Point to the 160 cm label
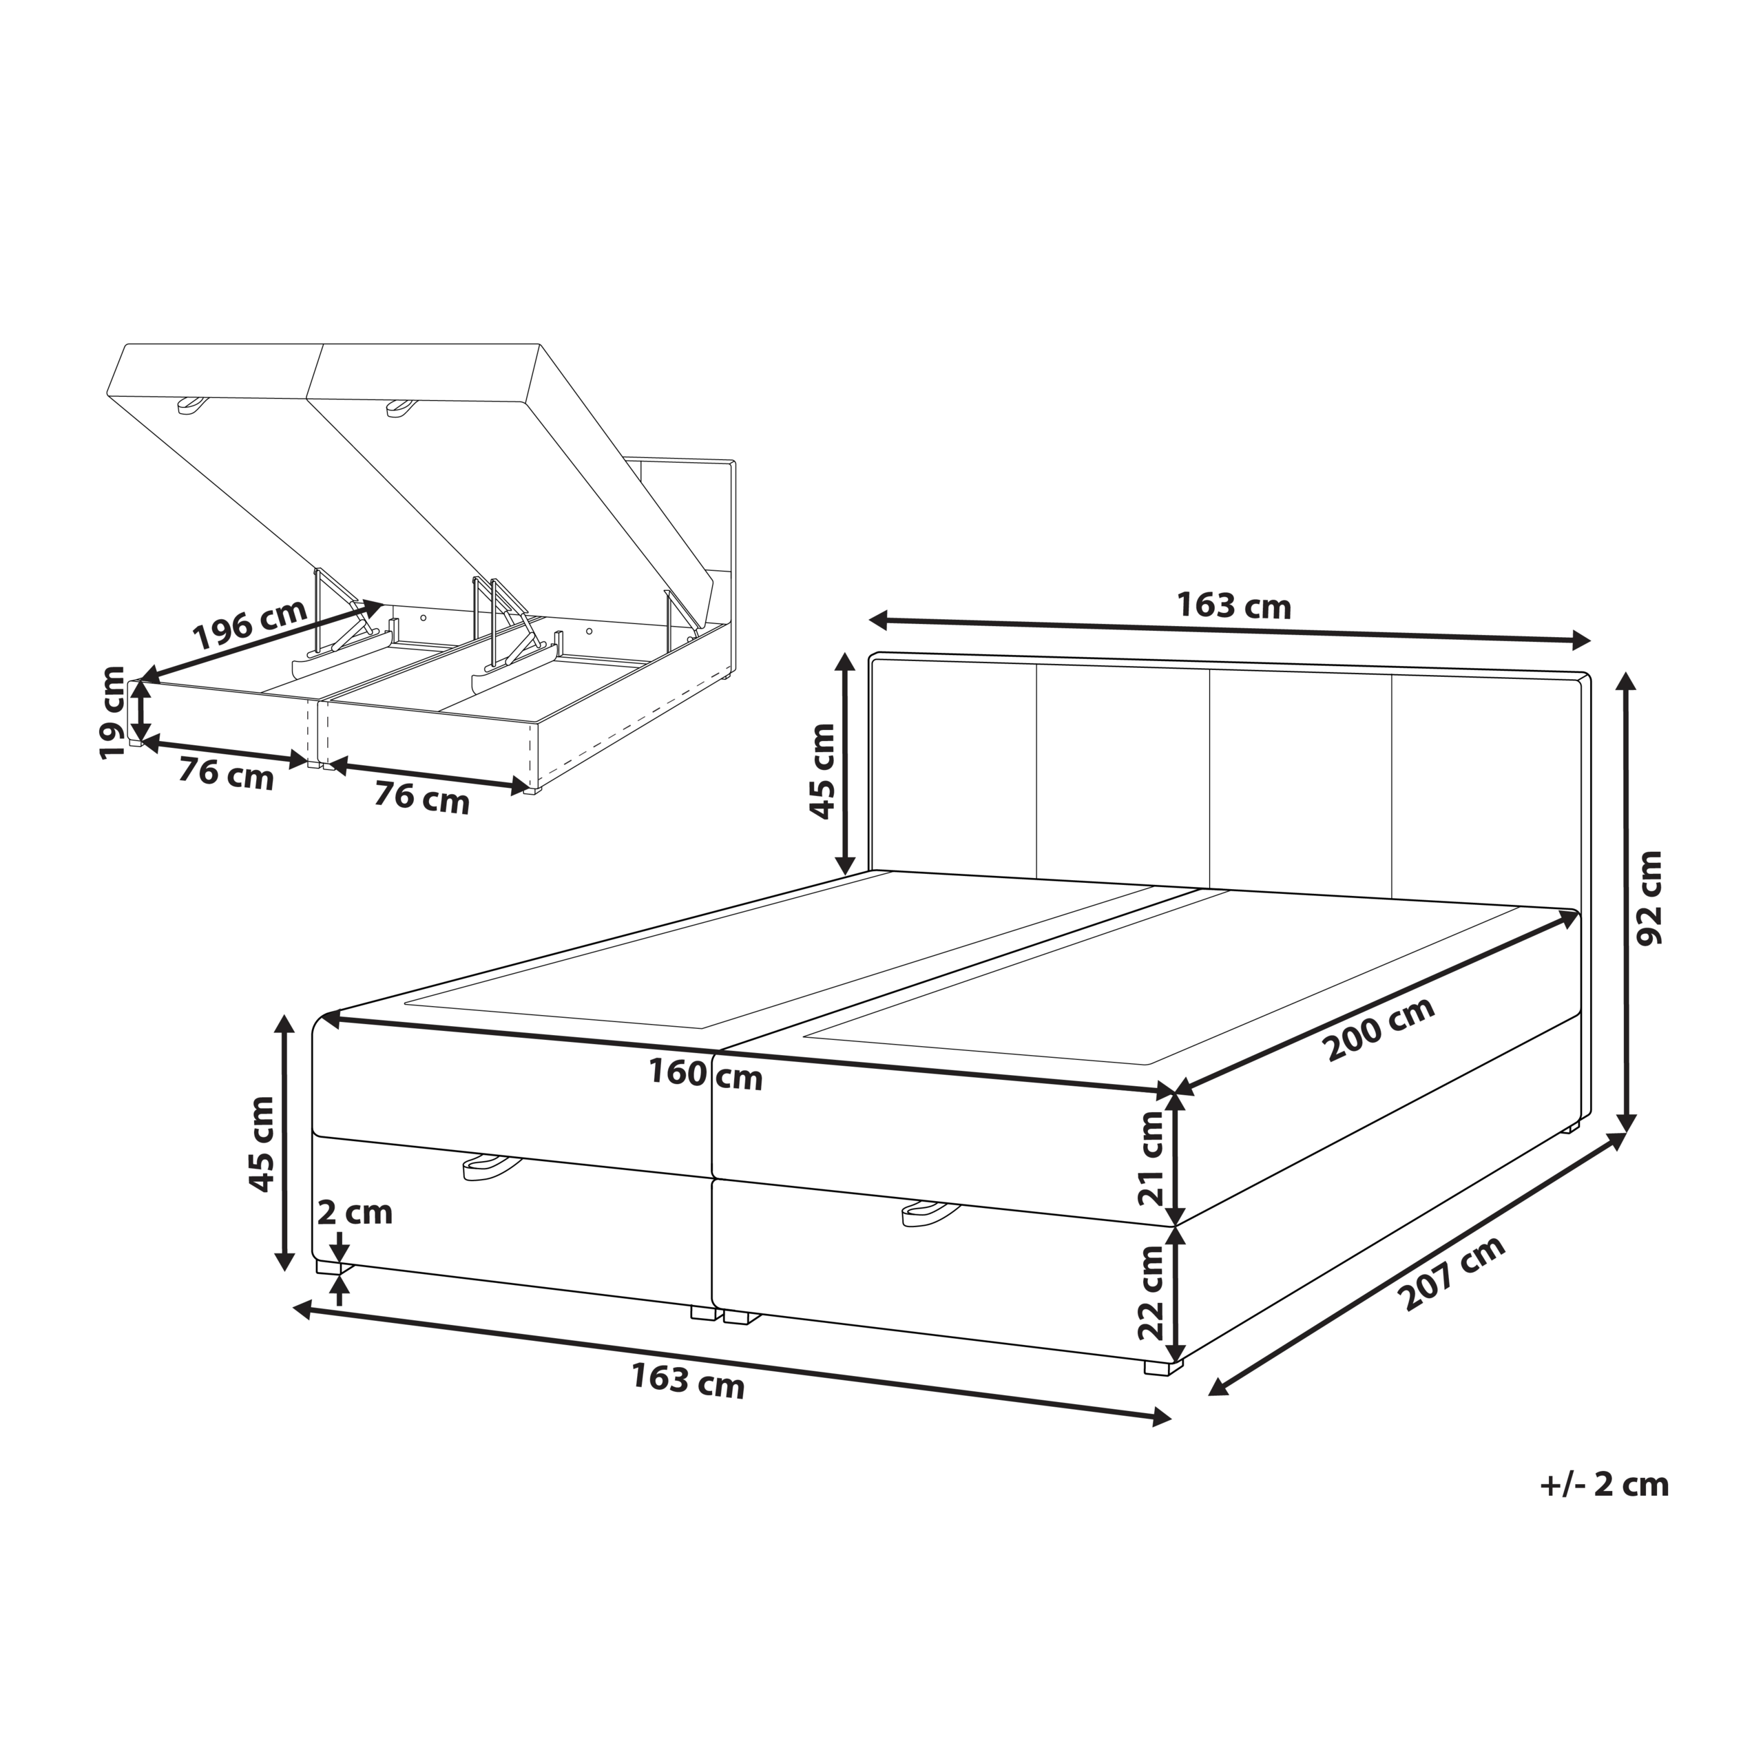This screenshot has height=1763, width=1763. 705,1074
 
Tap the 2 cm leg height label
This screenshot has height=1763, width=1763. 355,1213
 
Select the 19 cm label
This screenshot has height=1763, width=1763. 113,713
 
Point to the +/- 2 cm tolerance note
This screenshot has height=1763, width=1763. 1604,1485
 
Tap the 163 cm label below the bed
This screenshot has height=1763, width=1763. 688,1381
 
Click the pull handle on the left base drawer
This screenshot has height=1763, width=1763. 490,1165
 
